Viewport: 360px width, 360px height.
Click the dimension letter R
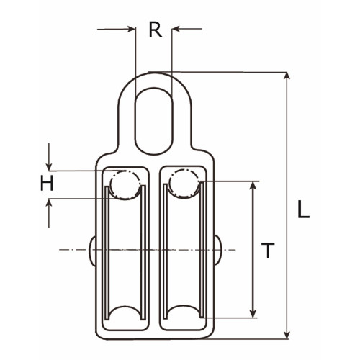point(156,30)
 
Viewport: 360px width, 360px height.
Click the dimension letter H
point(47,183)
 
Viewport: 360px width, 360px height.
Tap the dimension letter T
point(268,251)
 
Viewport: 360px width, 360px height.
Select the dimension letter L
point(303,210)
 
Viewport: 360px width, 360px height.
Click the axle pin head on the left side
point(92,251)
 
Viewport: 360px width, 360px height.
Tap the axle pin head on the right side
point(218,250)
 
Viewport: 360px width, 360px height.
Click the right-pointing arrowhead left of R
point(132,29)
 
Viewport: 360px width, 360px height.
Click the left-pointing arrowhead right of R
point(176,29)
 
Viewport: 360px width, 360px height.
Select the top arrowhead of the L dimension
point(287,76)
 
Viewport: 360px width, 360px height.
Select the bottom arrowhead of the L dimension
point(287,336)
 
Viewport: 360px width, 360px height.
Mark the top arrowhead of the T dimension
point(253,185)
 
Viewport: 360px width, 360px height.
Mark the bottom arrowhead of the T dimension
point(253,313)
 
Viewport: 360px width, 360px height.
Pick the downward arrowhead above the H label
point(49,167)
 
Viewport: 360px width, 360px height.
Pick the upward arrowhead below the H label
point(49,203)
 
